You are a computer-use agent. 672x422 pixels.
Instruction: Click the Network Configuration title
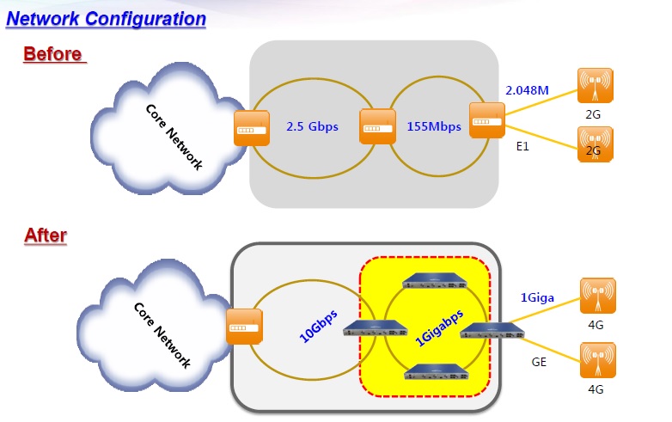coord(106,18)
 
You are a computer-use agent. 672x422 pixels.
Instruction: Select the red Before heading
coord(53,53)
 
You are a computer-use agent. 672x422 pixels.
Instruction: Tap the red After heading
coord(46,235)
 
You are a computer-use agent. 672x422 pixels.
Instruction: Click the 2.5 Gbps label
coord(312,126)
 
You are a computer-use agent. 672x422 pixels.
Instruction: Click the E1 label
coord(522,147)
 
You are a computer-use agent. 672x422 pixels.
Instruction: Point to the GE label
coord(539,362)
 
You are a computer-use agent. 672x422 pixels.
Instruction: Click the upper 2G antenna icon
coord(595,84)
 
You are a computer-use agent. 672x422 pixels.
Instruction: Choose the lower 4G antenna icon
coord(597,359)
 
